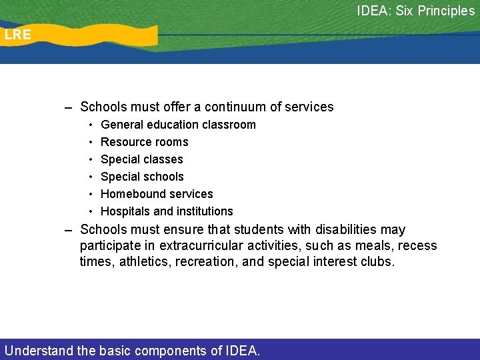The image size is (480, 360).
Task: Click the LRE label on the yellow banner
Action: pyautogui.click(x=17, y=35)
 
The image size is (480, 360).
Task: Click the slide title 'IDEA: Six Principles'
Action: pyautogui.click(x=415, y=11)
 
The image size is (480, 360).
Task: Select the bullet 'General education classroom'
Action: pyautogui.click(x=178, y=125)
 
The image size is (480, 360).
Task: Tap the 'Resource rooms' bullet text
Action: pyautogui.click(x=144, y=142)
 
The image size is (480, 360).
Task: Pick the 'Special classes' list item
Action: pyautogui.click(x=141, y=159)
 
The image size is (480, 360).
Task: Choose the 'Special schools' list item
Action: pyautogui.click(x=142, y=177)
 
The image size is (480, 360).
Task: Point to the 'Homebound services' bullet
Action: pyautogui.click(x=157, y=194)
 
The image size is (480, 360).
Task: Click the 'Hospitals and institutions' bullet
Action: pyautogui.click(x=167, y=211)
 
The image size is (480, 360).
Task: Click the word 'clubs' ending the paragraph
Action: pyautogui.click(x=377, y=262)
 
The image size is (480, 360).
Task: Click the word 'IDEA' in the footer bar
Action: pyautogui.click(x=239, y=350)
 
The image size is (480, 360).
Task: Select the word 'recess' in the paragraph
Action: pyautogui.click(x=419, y=246)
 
